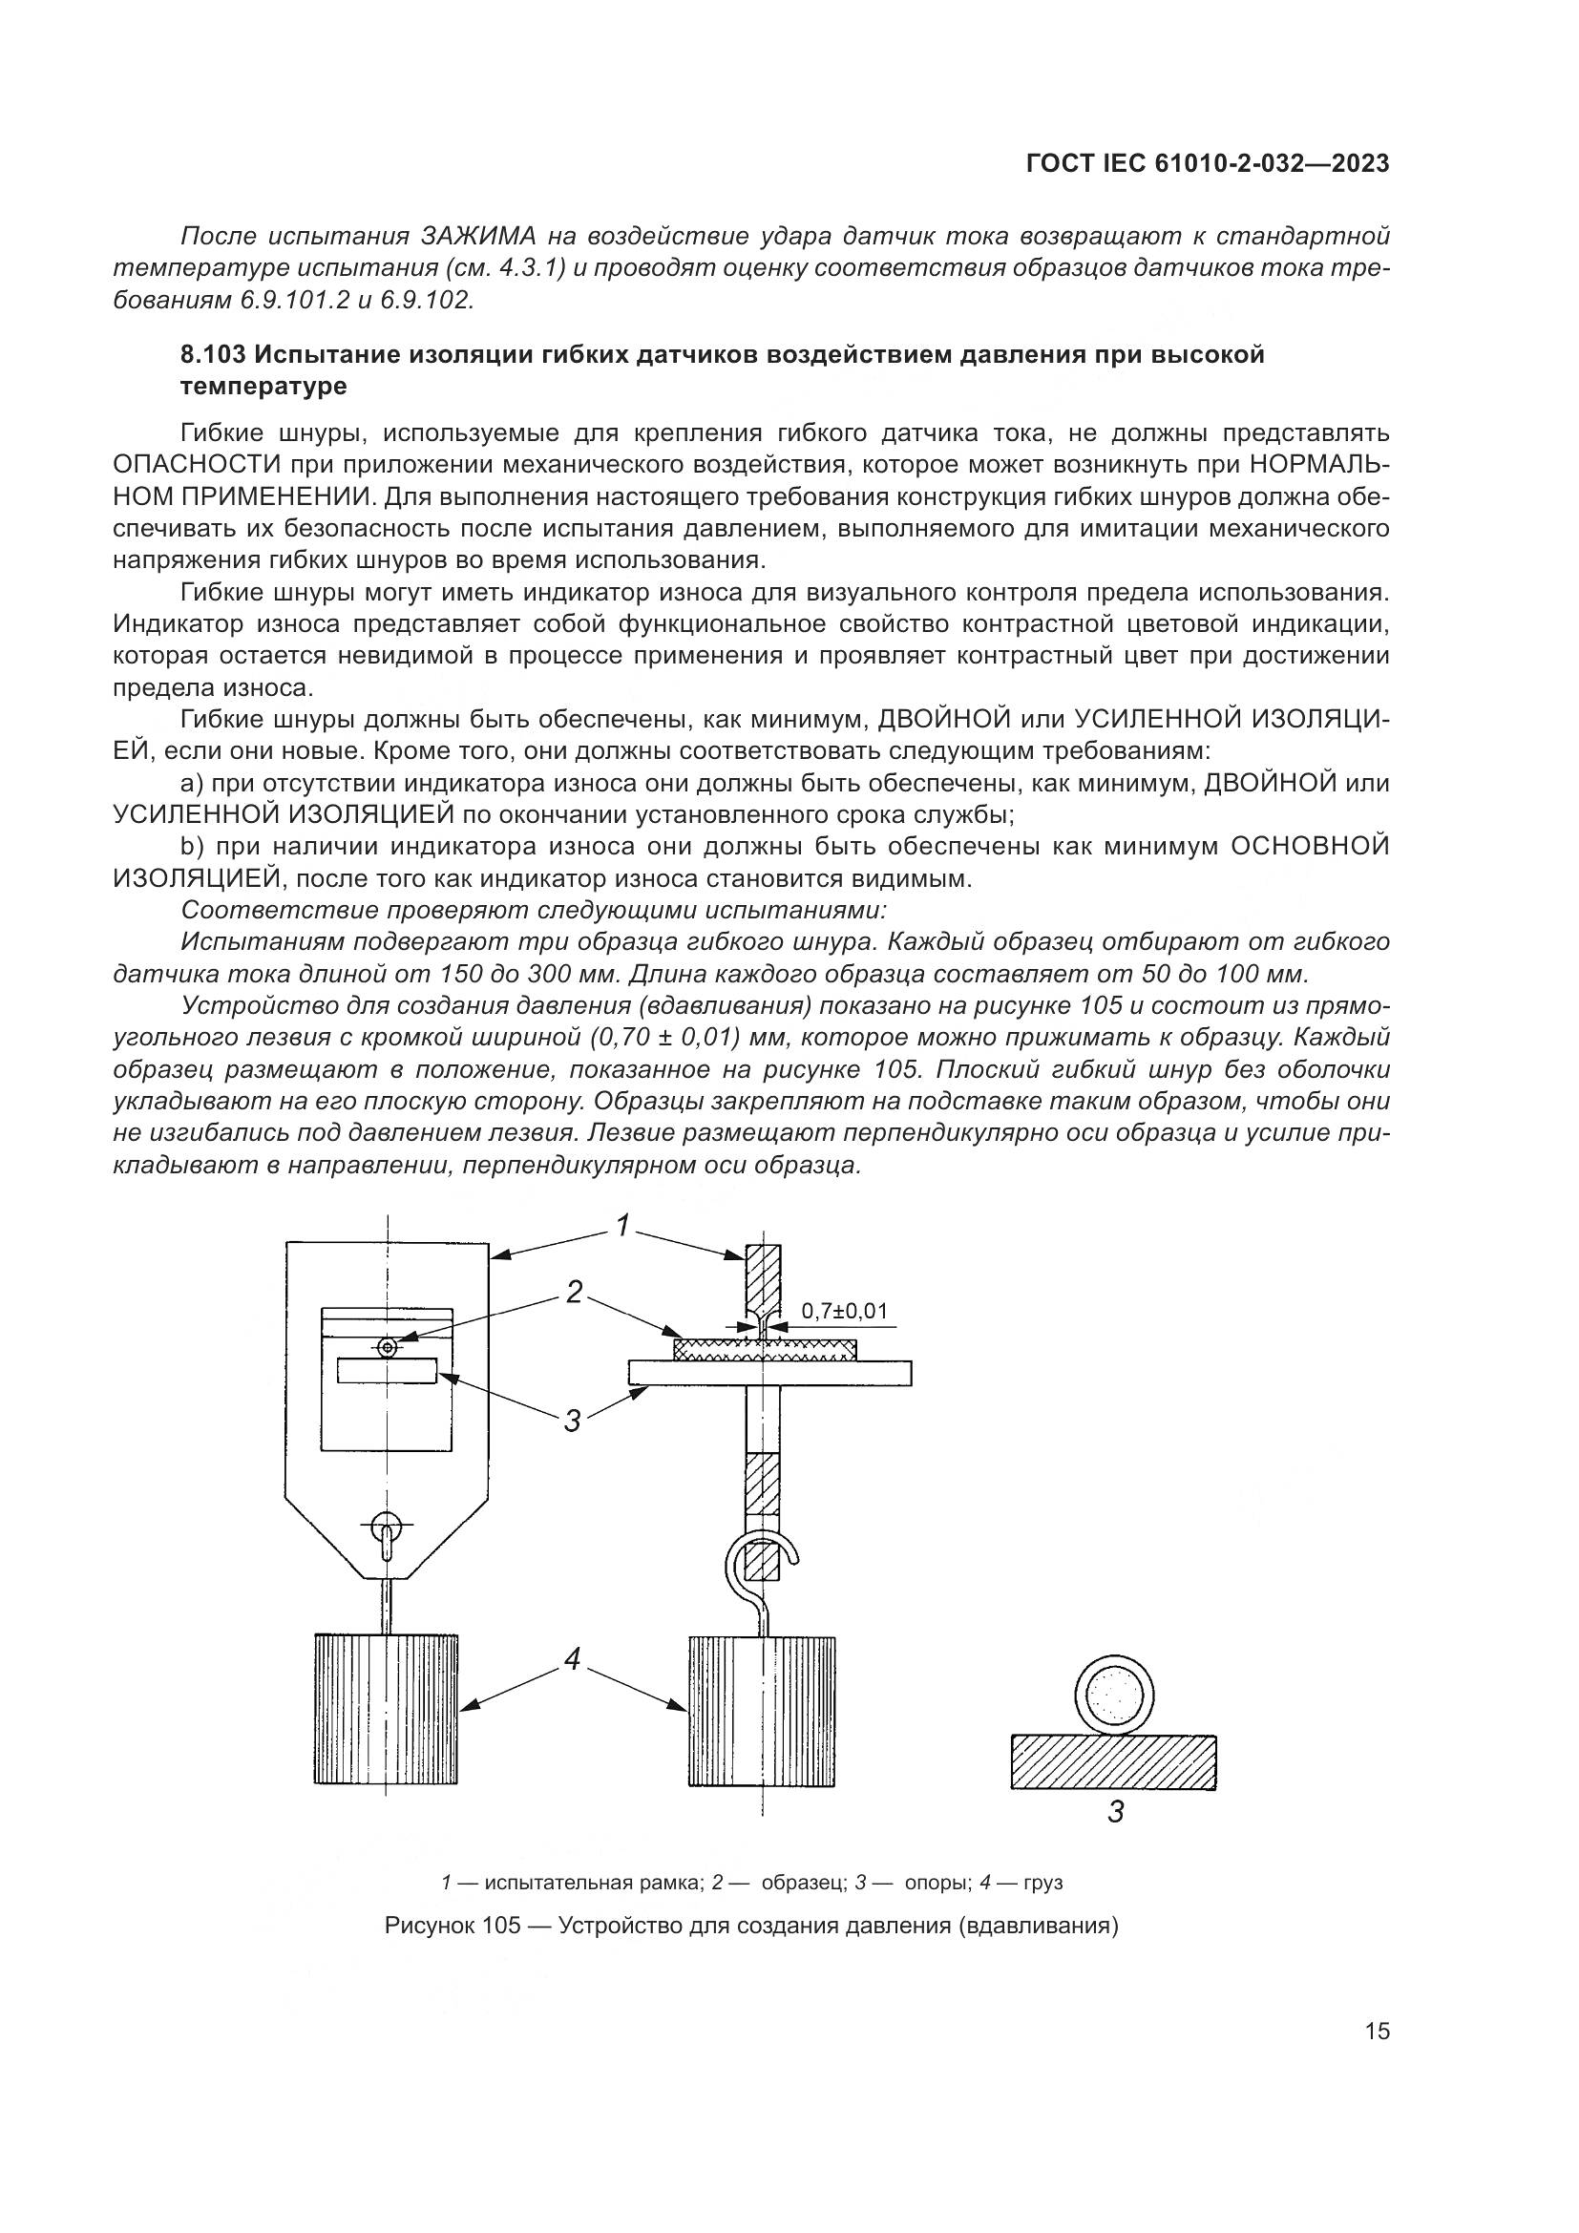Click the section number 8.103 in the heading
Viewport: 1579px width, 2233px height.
(211, 355)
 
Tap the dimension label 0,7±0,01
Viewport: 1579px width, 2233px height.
(844, 1310)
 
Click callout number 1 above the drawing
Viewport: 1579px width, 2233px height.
(622, 1225)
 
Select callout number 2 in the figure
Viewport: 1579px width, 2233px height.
(576, 1292)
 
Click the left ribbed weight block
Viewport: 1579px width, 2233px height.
(386, 1709)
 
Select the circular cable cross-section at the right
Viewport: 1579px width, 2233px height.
(1115, 1696)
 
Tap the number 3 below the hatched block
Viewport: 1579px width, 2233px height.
(1116, 1813)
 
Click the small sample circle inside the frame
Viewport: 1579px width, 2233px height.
(388, 1347)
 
